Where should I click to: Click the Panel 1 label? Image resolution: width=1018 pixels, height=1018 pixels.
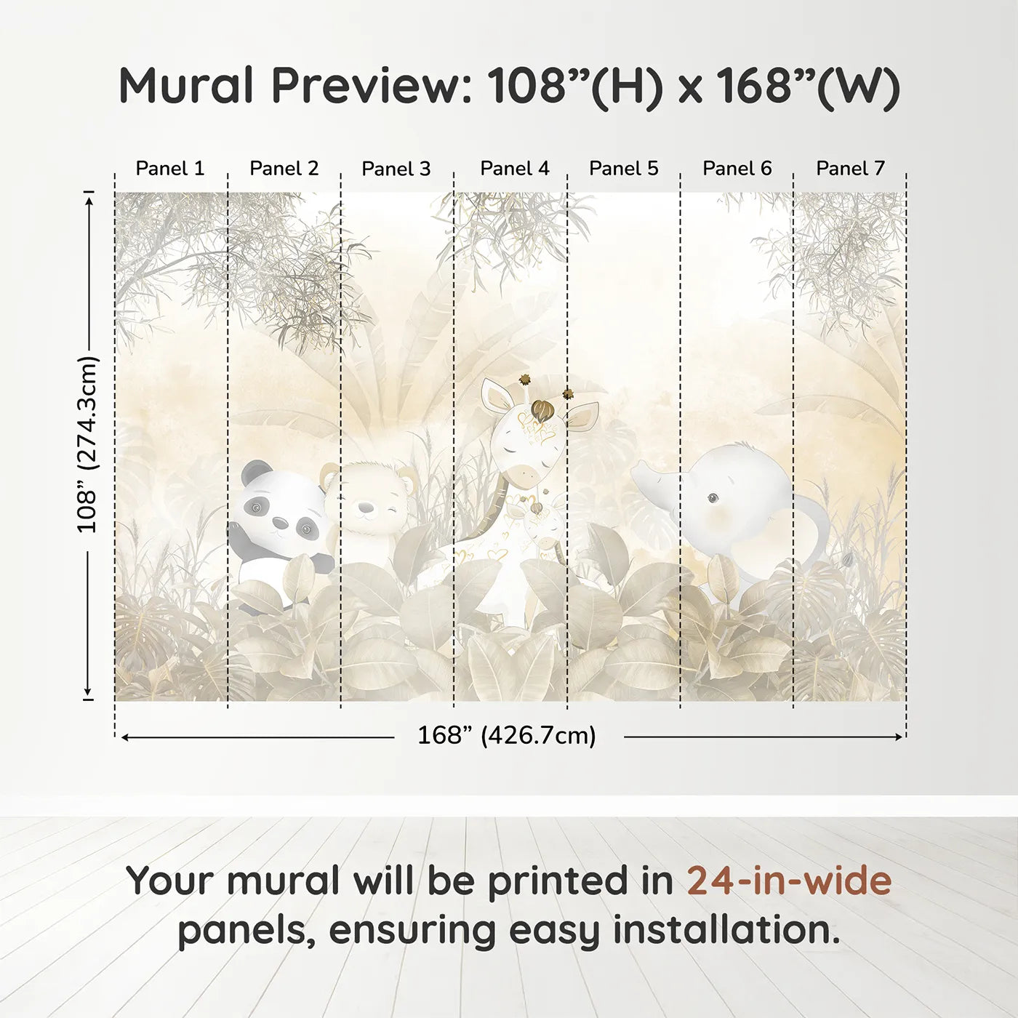coord(170,169)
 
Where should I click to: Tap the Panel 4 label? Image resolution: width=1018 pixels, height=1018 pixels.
coord(515,169)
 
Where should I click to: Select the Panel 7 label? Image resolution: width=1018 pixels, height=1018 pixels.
coord(850,169)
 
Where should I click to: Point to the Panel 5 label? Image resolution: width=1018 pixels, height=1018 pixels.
coord(623,169)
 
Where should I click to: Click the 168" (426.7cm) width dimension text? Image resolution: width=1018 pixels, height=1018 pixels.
coord(506,736)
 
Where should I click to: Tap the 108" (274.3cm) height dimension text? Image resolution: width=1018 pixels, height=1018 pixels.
coord(87,444)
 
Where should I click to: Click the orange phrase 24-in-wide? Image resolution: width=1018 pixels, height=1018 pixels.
coord(789,881)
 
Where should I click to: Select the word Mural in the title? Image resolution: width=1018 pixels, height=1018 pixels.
coord(186,86)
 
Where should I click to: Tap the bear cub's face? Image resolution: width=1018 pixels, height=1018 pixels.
coord(371,502)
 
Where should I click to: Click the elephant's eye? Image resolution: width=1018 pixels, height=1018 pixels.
coord(713,497)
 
